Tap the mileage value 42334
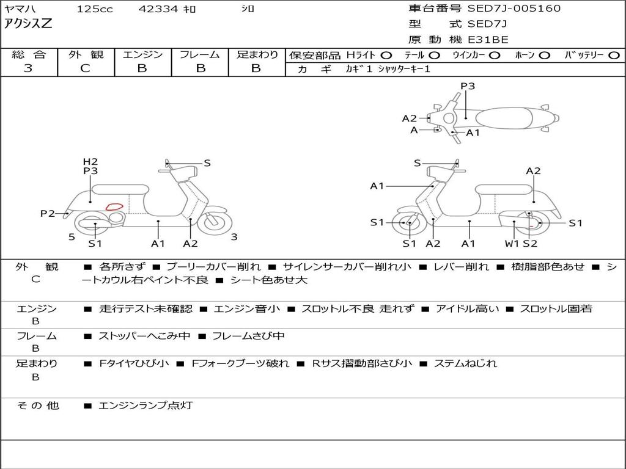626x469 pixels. [x=159, y=9]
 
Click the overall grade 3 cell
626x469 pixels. [x=28, y=68]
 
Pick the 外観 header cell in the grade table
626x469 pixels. [x=86, y=55]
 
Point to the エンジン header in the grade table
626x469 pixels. [x=142, y=55]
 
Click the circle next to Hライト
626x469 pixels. [x=386, y=55]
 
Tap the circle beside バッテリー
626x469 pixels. [x=614, y=55]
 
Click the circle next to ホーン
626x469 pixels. [x=544, y=55]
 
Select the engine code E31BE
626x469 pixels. [x=488, y=40]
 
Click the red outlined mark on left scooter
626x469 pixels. [x=114, y=206]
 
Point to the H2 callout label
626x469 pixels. [x=90, y=162]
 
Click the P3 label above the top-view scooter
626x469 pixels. [x=468, y=86]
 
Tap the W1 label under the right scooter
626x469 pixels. [x=512, y=244]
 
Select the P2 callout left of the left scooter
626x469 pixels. [x=48, y=213]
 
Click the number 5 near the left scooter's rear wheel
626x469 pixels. [x=72, y=237]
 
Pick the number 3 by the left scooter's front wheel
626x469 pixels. [x=234, y=237]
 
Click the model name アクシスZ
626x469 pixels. [x=28, y=24]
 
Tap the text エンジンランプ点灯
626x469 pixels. [x=145, y=405]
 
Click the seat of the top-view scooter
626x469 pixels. [x=507, y=117]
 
